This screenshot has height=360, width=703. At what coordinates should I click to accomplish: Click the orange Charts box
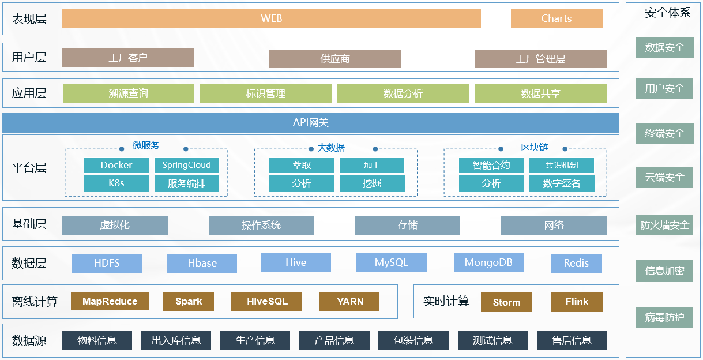(x=556, y=18)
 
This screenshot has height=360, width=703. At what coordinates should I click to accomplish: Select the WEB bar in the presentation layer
(x=271, y=18)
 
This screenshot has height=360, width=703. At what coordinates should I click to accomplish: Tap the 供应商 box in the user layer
(x=334, y=59)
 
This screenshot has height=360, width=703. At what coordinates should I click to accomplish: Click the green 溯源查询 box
(x=128, y=93)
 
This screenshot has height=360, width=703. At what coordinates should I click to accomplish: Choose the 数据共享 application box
(x=540, y=93)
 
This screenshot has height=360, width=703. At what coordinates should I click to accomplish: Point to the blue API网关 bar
(x=310, y=123)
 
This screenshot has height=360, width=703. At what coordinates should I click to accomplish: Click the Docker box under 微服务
(x=116, y=166)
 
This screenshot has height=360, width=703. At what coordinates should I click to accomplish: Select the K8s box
(x=116, y=183)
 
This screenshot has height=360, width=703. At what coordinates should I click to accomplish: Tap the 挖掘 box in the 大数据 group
(x=371, y=183)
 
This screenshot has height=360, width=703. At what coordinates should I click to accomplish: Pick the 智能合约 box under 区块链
(x=491, y=166)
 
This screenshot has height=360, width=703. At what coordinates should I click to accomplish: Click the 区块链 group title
(x=534, y=148)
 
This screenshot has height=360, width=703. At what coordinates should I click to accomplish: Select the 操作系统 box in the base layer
(x=261, y=225)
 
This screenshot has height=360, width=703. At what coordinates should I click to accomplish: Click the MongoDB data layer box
(x=488, y=263)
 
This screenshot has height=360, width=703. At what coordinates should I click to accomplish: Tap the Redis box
(x=576, y=263)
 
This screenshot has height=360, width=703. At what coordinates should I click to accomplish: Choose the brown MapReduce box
(x=110, y=301)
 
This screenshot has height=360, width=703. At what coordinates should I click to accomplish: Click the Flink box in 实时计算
(x=577, y=302)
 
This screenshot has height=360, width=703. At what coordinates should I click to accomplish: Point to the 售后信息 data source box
(x=571, y=340)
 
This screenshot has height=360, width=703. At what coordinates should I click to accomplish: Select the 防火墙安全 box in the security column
(x=664, y=225)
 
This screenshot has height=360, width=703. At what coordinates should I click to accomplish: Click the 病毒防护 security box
(x=664, y=317)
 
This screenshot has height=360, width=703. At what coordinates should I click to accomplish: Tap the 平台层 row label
(x=29, y=168)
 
